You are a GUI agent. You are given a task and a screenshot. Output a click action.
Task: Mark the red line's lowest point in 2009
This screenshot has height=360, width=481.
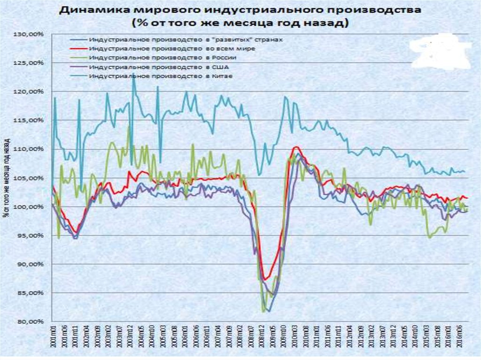point(265,280)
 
